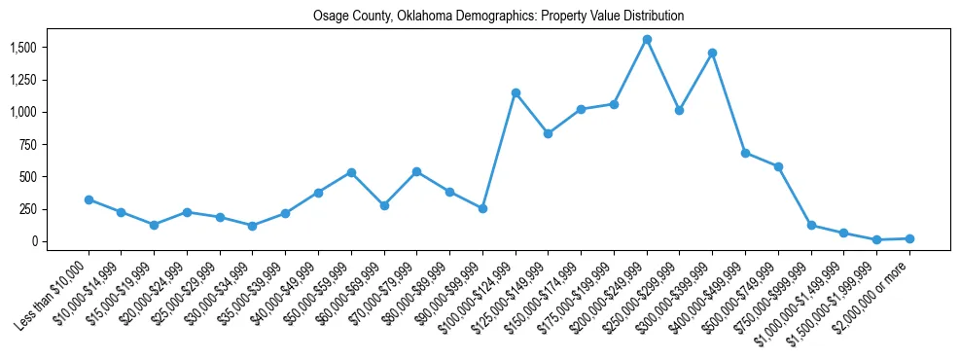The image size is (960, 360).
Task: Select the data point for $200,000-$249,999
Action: pyautogui.click(x=647, y=40)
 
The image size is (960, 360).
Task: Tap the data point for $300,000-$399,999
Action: pyautogui.click(x=712, y=54)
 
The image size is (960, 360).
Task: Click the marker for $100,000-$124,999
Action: pyautogui.click(x=516, y=93)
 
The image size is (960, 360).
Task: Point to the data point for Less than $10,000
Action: pyautogui.click(x=89, y=199)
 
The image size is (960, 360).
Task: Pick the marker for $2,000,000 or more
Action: pyautogui.click(x=909, y=238)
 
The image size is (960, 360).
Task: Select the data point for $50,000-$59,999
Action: pyautogui.click(x=351, y=172)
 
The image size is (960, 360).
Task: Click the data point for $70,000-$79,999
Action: pyautogui.click(x=416, y=171)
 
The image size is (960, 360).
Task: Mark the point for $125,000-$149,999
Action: pyautogui.click(x=549, y=133)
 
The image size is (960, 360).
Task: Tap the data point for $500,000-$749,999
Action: pyautogui.click(x=778, y=166)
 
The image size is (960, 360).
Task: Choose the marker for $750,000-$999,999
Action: pyautogui.click(x=811, y=225)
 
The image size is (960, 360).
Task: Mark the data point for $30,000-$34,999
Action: pyautogui.click(x=253, y=226)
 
